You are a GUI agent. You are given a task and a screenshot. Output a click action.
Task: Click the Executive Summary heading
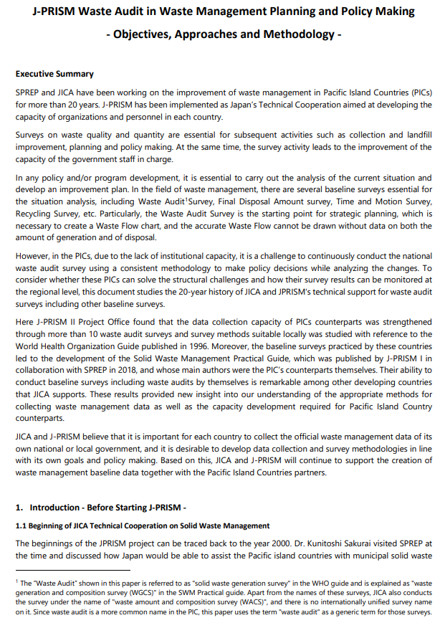[x=54, y=74]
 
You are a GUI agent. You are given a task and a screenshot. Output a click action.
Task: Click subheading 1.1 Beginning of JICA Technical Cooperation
[x=142, y=525]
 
